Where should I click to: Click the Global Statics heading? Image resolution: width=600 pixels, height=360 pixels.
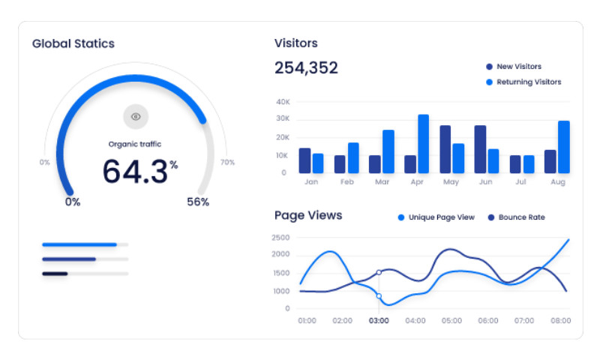[x=73, y=43]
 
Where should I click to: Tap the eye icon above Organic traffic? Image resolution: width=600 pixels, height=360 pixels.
[x=136, y=116]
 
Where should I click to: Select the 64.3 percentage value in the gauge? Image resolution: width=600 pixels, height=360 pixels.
[x=136, y=171]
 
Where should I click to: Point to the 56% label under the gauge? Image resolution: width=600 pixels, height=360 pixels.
[x=198, y=202]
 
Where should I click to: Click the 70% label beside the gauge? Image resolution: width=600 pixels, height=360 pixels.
[x=227, y=162]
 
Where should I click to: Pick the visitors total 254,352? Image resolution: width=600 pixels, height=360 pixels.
[x=306, y=68]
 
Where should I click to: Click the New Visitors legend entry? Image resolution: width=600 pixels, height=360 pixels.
[x=518, y=67]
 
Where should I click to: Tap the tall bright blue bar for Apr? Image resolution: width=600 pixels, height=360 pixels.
[x=423, y=144]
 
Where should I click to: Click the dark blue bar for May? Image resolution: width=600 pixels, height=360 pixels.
[x=445, y=149]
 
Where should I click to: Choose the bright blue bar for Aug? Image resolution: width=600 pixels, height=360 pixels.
[x=563, y=147]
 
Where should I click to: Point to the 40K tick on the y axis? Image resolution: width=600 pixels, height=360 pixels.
[x=283, y=101]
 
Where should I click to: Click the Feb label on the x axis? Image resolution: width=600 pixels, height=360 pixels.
[x=346, y=182]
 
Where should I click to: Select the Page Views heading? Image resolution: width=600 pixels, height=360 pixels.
[x=308, y=216]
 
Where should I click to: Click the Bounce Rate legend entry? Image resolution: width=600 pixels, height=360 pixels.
[x=521, y=217]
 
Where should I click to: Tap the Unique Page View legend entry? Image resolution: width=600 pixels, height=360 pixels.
[x=441, y=217]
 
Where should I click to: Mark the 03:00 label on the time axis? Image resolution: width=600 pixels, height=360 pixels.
[x=379, y=320]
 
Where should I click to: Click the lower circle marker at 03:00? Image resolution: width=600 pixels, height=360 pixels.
[x=379, y=296]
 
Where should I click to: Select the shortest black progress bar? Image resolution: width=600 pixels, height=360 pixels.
[x=55, y=274]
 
